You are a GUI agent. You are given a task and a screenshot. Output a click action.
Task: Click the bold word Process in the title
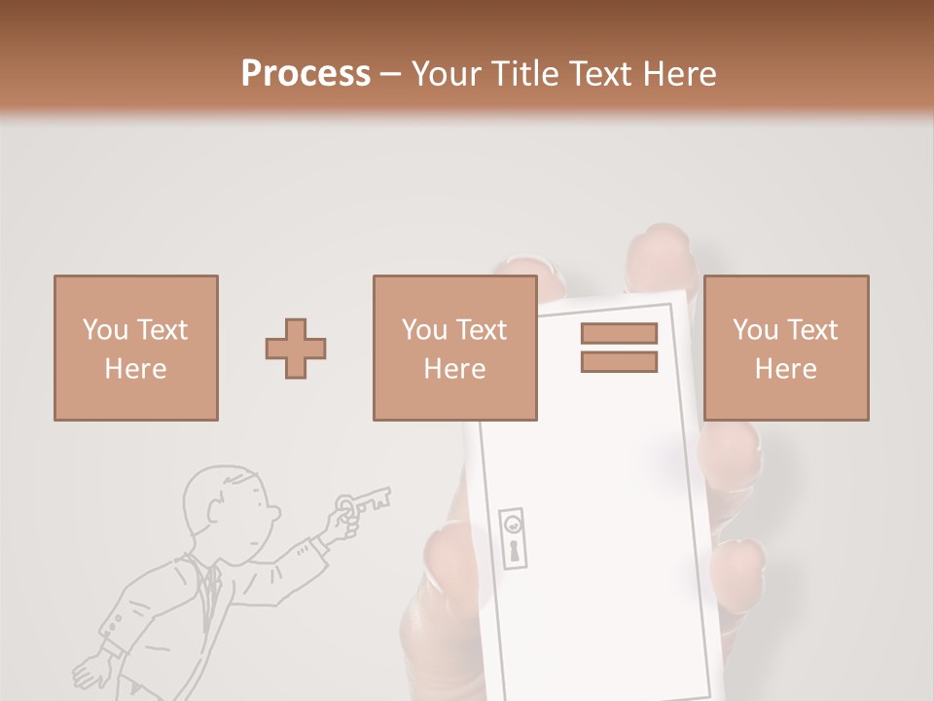pyautogui.click(x=305, y=73)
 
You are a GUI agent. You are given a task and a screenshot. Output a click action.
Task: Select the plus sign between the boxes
pyautogui.click(x=296, y=349)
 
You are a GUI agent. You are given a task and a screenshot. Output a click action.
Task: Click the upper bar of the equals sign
pyautogui.click(x=620, y=333)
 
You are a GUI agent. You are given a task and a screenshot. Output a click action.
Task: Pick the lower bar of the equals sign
pyautogui.click(x=620, y=362)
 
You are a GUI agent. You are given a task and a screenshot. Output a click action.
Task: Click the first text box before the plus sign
pyautogui.click(x=136, y=349)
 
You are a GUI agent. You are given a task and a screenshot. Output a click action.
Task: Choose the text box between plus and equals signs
pyautogui.click(x=455, y=349)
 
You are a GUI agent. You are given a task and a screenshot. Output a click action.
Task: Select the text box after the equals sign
pyautogui.click(x=786, y=349)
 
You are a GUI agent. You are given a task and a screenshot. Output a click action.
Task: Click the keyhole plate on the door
pyautogui.click(x=513, y=538)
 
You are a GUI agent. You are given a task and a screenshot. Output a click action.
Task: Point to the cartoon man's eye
pyautogui.click(x=261, y=504)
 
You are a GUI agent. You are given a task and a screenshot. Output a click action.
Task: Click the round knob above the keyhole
pyautogui.click(x=513, y=525)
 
